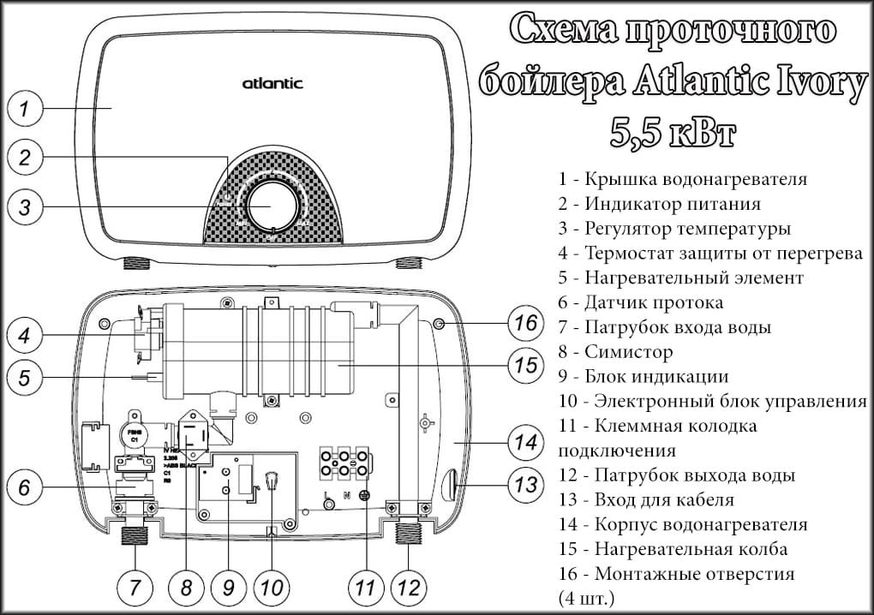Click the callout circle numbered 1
tap(26, 109)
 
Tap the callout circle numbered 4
tap(26, 335)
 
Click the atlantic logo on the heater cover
tap(272, 84)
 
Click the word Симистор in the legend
tap(628, 352)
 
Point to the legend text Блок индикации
tap(656, 377)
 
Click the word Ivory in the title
tap(801, 83)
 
